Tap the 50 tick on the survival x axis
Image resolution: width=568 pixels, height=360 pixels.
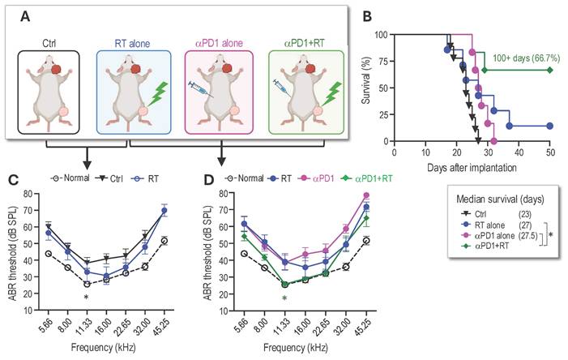[x=550, y=151]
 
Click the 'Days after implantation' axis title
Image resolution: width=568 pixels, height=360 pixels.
[x=472, y=165]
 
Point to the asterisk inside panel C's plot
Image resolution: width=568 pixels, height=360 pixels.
[x=86, y=297]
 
